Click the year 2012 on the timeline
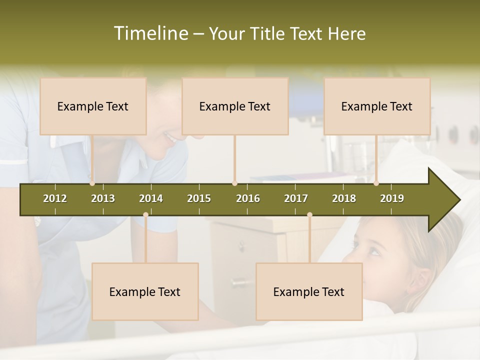[55, 198]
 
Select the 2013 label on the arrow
[103, 198]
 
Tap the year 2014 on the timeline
[151, 198]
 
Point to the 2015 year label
[199, 198]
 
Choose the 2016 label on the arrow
[248, 198]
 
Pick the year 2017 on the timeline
[296, 198]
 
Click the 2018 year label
[344, 198]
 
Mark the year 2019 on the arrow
[392, 198]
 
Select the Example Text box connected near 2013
[93, 106]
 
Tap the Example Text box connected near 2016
[235, 106]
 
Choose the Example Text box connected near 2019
[377, 106]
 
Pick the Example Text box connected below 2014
[145, 291]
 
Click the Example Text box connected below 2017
[309, 291]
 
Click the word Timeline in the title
[150, 33]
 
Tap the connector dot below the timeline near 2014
[145, 215]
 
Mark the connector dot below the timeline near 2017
[309, 215]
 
